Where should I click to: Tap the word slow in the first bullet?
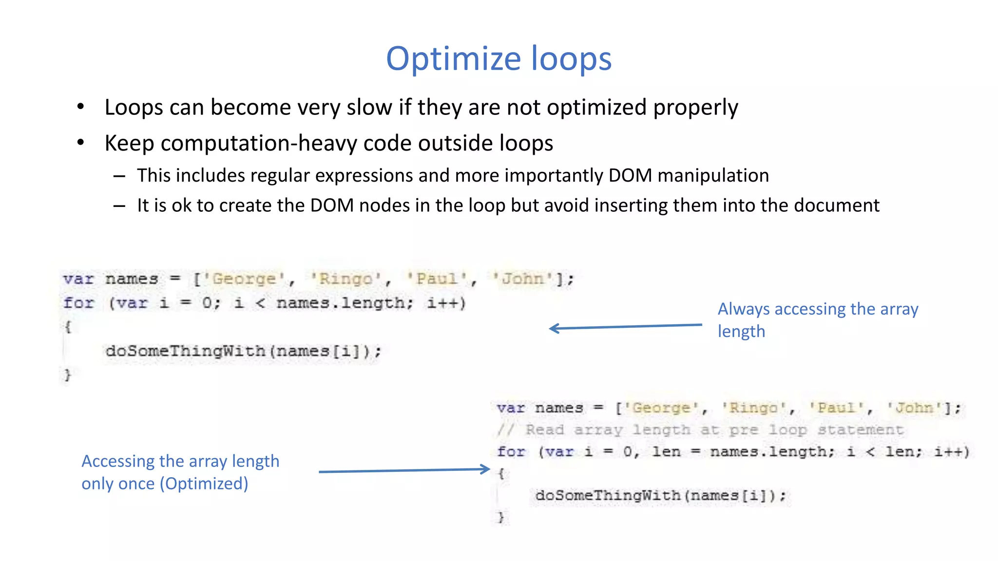click(369, 107)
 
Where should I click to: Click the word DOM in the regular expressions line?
click(630, 175)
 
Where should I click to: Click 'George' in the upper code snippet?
click(244, 279)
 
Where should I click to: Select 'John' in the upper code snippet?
click(523, 279)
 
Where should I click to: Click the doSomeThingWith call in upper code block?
click(185, 351)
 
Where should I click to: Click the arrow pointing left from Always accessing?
click(625, 327)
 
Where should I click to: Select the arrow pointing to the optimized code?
click(404, 470)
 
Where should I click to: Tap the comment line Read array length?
click(700, 430)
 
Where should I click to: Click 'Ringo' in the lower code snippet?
click(753, 408)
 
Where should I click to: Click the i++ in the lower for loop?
click(951, 452)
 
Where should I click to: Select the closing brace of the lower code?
click(500, 517)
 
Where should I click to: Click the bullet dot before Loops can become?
click(80, 107)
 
